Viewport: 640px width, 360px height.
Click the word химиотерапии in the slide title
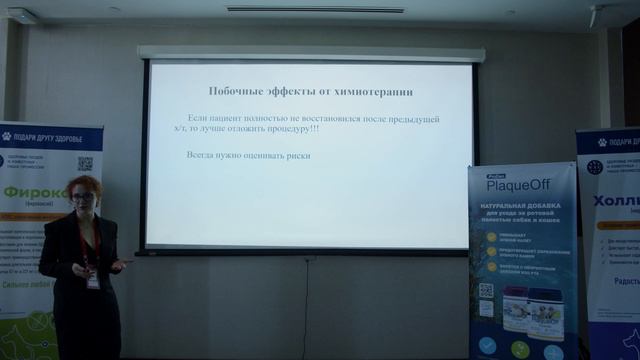click(375, 92)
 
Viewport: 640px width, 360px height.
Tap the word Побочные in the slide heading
click(234, 92)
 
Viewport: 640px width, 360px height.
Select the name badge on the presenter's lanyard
click(93, 282)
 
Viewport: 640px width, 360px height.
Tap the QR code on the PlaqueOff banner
click(486, 290)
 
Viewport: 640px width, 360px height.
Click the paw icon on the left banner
click(7, 136)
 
